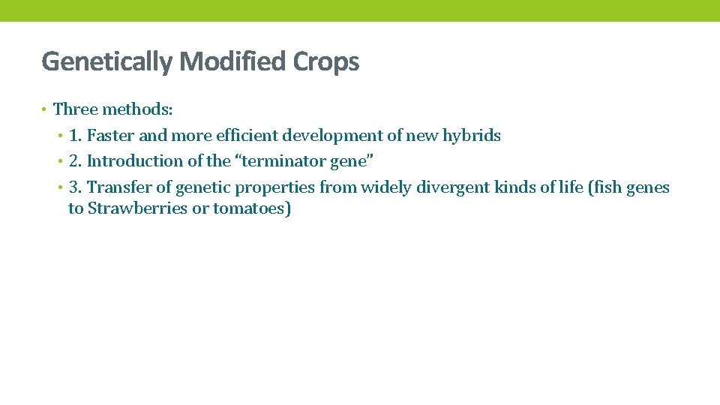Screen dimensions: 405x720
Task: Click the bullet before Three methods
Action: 45,110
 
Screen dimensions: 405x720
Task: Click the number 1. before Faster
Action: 76,136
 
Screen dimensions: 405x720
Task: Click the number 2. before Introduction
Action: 76,161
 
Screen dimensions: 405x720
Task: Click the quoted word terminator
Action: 284,161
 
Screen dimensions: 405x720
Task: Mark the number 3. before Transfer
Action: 76,187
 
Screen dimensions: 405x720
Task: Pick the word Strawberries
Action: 138,208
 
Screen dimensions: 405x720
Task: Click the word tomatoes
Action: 250,208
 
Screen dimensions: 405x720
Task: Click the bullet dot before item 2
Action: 60,161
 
